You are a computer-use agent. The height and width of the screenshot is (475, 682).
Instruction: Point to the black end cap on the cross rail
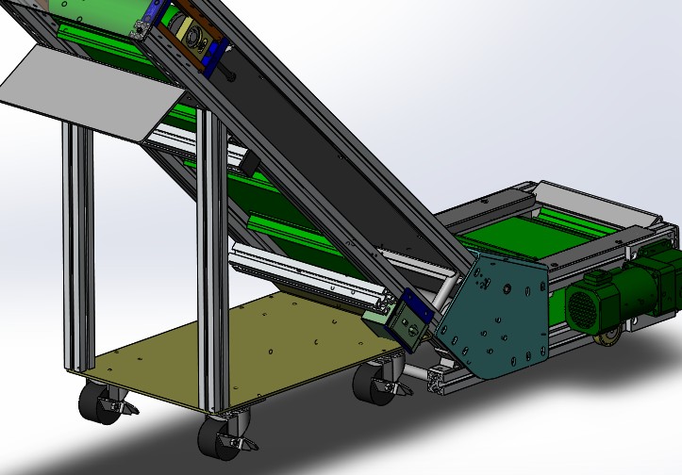pyautogui.click(x=250, y=165)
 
